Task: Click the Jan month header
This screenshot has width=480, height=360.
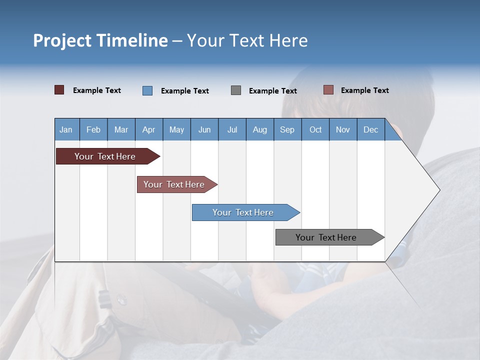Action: [x=66, y=129]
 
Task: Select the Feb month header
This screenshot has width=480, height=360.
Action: [x=93, y=129]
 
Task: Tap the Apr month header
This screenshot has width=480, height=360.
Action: [x=148, y=129]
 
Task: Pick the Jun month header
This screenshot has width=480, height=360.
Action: [x=204, y=129]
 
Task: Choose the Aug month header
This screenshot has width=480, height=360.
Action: [x=259, y=129]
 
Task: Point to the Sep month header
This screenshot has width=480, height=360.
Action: [x=287, y=129]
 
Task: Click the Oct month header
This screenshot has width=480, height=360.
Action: [x=315, y=129]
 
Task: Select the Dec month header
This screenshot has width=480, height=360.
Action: [x=370, y=129]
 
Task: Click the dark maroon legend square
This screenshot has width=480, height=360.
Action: [x=59, y=90]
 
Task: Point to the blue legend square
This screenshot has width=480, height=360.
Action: [x=147, y=90]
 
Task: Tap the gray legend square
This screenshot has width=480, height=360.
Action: [x=236, y=90]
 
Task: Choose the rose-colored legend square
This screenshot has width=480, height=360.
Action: [x=328, y=90]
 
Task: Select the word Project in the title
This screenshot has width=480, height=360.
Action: [x=62, y=40]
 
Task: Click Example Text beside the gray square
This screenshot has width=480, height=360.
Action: [x=272, y=91]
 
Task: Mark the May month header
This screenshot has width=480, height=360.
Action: [x=176, y=129]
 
